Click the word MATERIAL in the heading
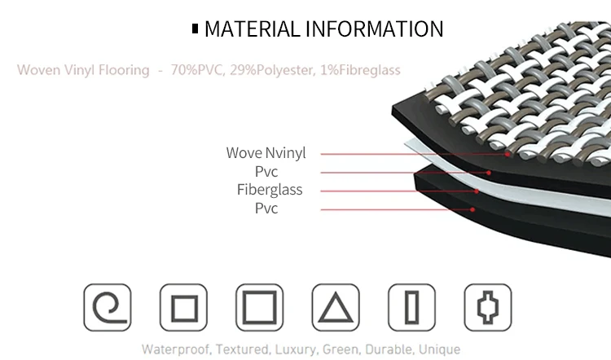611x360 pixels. (251, 29)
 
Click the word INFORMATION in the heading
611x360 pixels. (374, 29)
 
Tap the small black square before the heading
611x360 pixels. (195, 29)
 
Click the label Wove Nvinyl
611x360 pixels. (266, 153)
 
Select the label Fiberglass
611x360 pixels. (270, 190)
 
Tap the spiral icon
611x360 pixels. (108, 307)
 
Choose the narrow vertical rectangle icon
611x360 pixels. (412, 307)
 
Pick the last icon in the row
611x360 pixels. (488, 307)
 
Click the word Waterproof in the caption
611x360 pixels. (174, 349)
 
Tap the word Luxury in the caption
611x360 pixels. (294, 349)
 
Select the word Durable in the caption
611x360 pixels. (388, 349)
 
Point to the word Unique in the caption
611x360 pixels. (441, 349)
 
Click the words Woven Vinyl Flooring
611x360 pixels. (83, 70)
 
